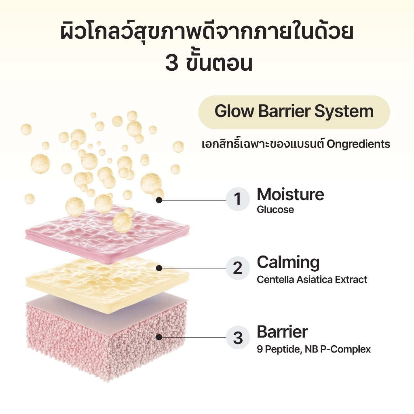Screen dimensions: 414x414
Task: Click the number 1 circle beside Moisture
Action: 238,199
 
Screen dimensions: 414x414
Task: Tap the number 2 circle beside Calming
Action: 238,268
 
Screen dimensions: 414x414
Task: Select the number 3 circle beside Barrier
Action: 238,338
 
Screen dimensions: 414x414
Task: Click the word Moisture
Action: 290,194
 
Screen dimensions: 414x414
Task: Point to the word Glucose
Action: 275,210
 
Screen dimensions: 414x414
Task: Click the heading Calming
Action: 288,263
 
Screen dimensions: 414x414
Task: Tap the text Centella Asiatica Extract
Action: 312,279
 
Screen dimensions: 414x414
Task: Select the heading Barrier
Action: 282,332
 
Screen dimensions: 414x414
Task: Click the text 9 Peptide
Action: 279,349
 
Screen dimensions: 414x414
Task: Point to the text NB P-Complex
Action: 338,349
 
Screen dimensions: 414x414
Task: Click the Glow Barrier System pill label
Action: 294,112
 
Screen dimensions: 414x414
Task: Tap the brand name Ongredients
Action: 358,144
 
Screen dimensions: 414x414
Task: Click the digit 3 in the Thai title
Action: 171,63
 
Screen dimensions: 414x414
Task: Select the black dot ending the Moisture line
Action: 159,200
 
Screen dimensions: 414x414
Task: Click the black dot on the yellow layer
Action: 159,268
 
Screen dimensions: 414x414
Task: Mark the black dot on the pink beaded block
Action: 159,337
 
